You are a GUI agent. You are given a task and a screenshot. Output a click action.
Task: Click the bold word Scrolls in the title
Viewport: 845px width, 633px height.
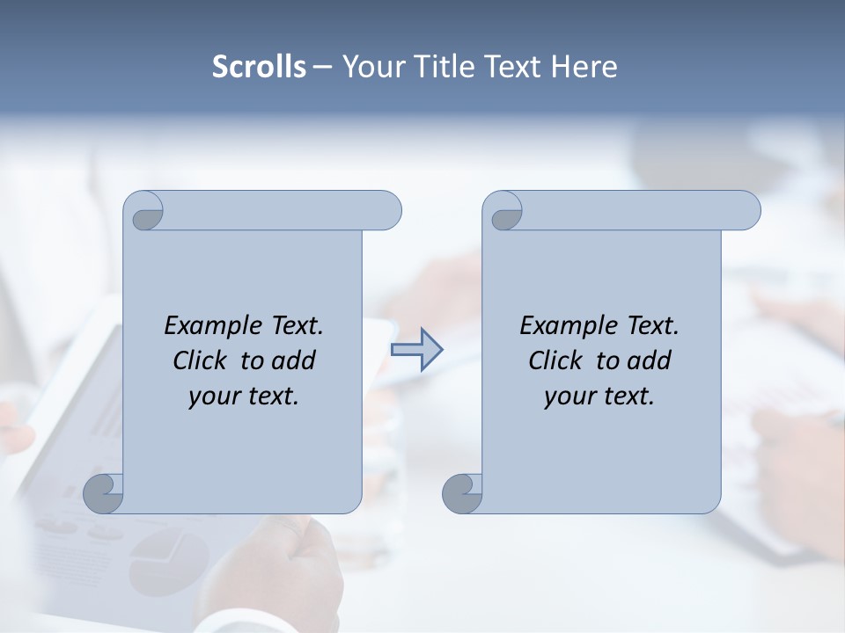click(259, 67)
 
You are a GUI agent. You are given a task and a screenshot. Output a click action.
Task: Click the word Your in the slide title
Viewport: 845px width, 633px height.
click(370, 67)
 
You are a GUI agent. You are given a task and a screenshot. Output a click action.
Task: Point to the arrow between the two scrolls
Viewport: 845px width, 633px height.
click(416, 349)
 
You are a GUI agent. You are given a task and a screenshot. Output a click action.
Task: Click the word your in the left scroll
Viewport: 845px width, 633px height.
click(211, 397)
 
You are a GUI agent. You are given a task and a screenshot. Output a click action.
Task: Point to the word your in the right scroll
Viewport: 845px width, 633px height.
click(567, 397)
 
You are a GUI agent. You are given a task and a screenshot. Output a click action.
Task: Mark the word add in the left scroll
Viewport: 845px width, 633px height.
click(294, 360)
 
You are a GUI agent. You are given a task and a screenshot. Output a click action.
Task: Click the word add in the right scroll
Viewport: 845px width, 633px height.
click(650, 360)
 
